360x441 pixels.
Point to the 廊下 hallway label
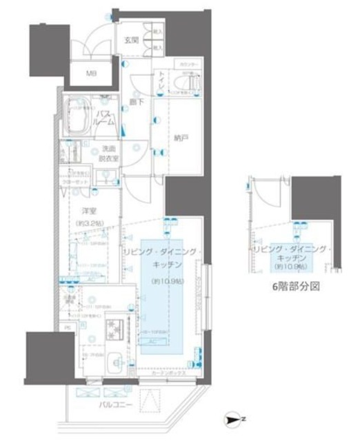tap(134, 103)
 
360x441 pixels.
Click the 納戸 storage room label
tap(181, 137)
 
